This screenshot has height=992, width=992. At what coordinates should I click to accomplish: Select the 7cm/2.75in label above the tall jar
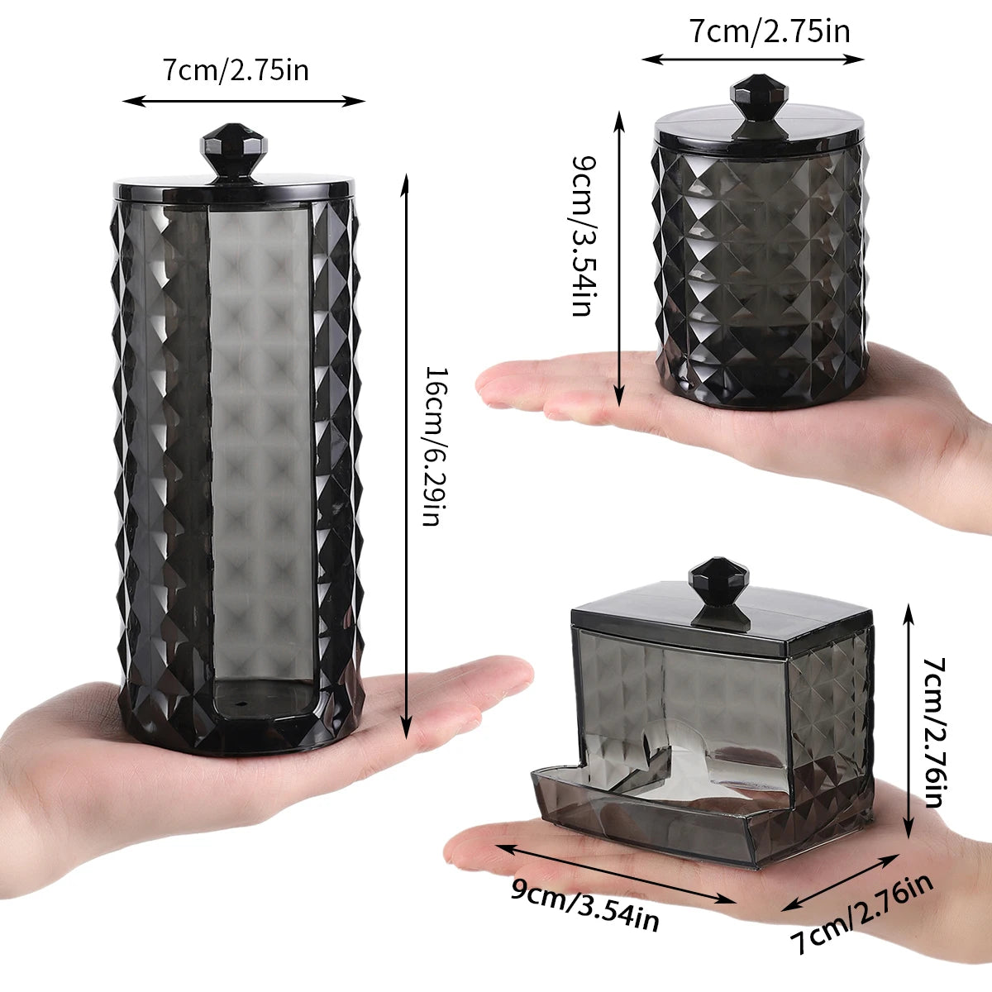236,70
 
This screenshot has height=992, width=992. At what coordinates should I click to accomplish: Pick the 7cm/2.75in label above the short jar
770,31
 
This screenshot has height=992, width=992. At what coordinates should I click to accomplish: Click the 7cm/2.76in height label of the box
933,732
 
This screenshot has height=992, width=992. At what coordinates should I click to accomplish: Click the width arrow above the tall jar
244,101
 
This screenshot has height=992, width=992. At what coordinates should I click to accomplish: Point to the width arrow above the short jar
753,59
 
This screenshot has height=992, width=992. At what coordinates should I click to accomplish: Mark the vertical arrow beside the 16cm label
405,455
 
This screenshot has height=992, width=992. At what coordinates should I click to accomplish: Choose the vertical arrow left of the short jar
619,256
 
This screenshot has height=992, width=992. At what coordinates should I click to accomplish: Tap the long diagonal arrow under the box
616,875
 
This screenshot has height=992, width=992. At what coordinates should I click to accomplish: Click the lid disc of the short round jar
759,132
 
